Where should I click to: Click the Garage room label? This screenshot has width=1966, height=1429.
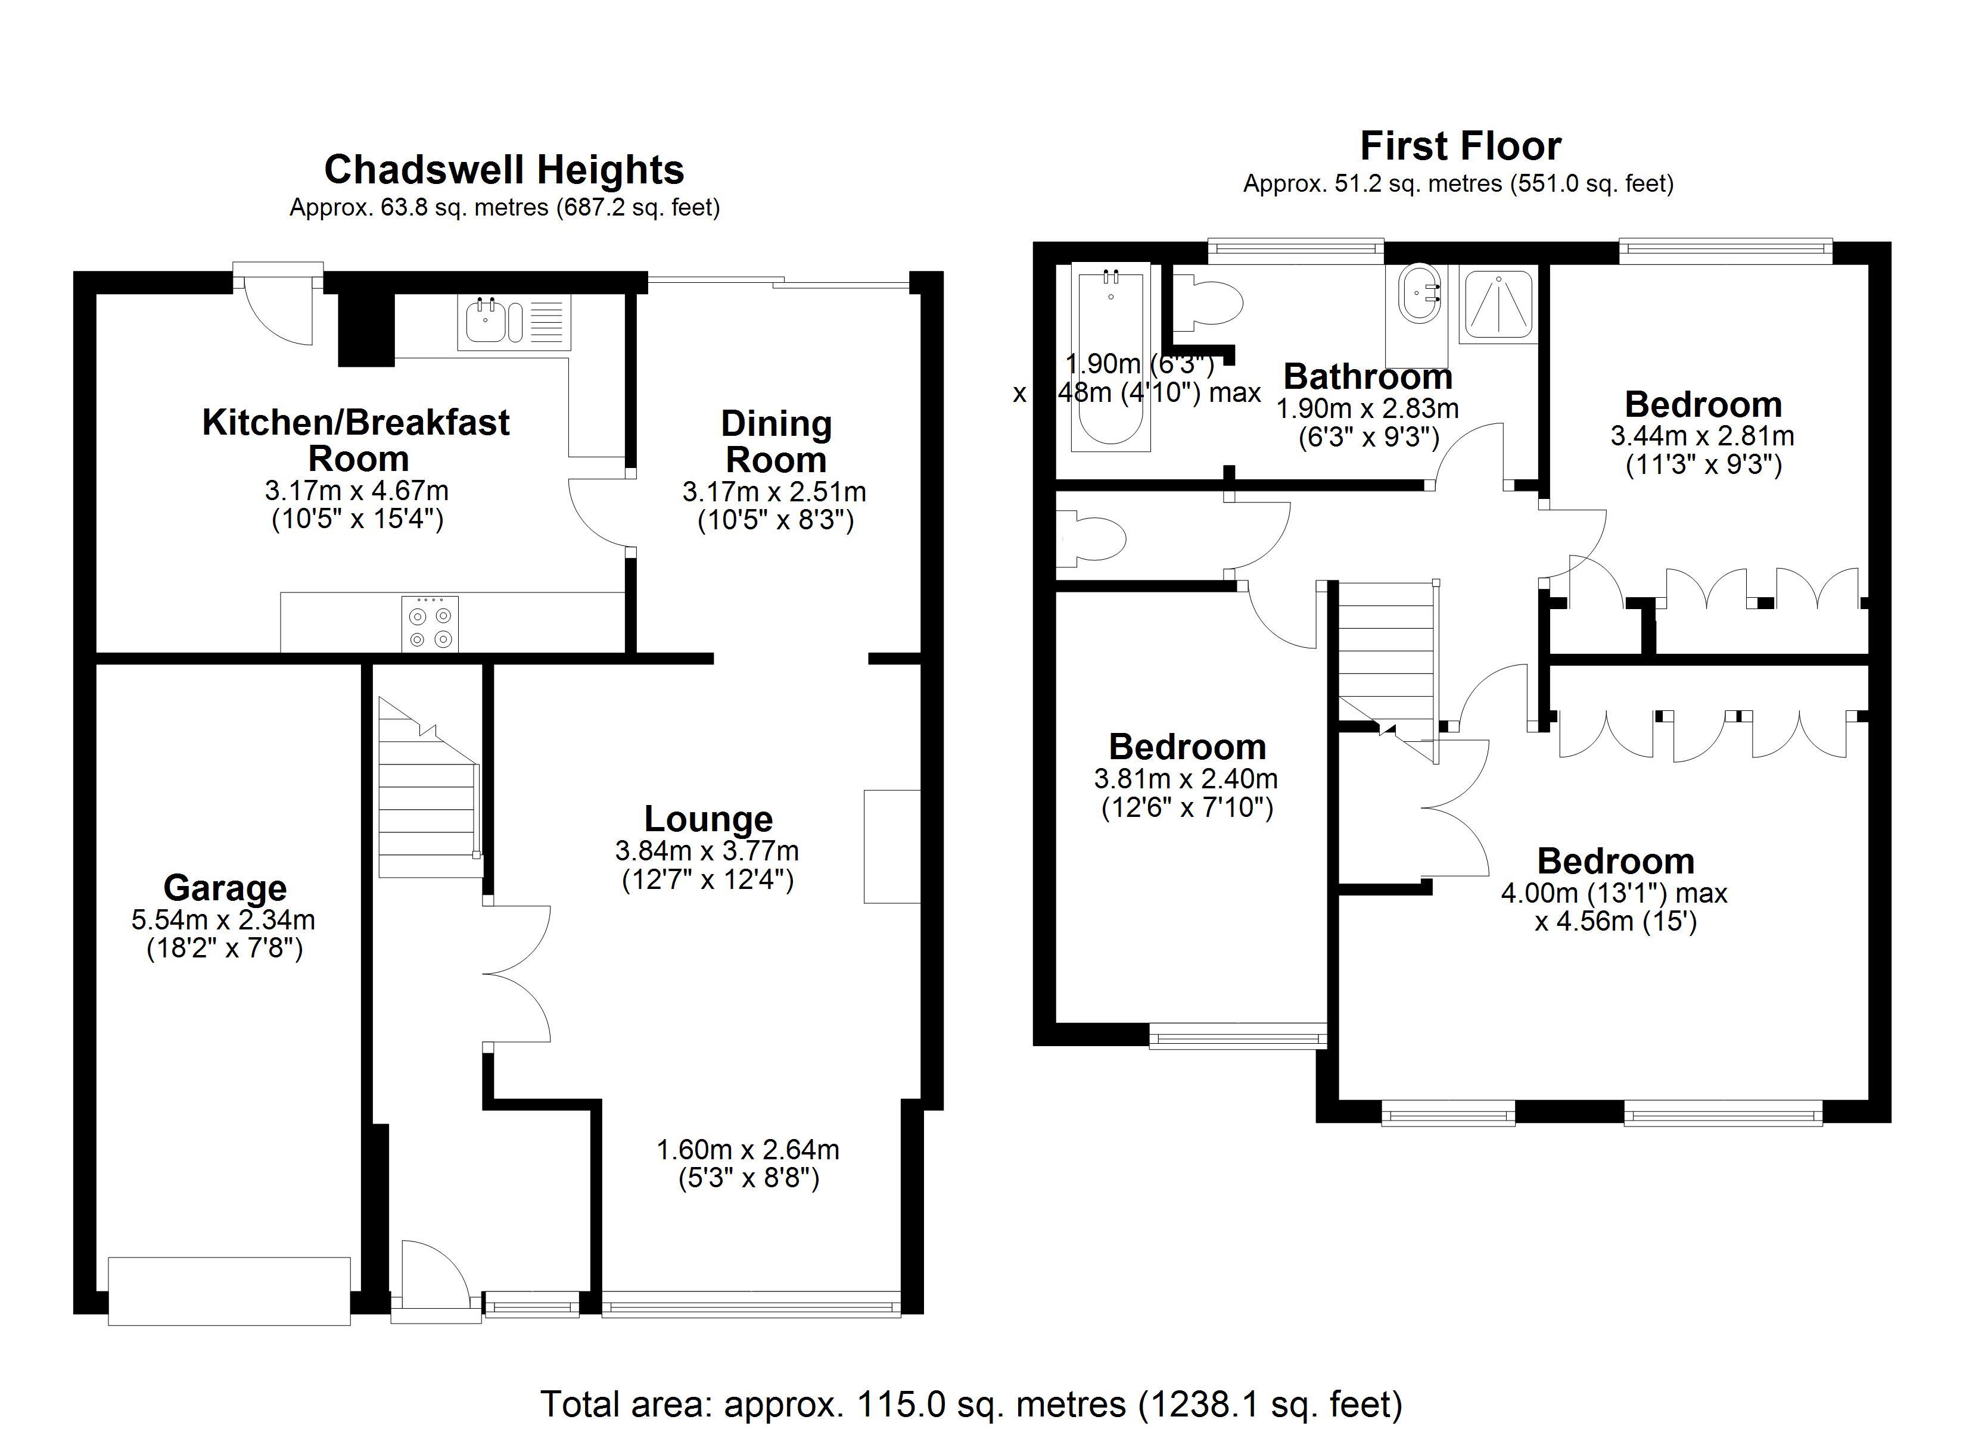225,888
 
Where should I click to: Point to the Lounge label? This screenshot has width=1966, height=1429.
708,819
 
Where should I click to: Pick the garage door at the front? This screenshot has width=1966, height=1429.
230,1291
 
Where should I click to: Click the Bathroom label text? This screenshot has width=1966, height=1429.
1367,376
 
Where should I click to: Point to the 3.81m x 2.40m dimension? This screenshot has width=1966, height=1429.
1186,778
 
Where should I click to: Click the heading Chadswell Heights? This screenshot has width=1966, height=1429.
503,170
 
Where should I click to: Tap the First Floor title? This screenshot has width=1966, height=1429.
1461,146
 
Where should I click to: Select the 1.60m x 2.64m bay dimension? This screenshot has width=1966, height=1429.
748,1149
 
